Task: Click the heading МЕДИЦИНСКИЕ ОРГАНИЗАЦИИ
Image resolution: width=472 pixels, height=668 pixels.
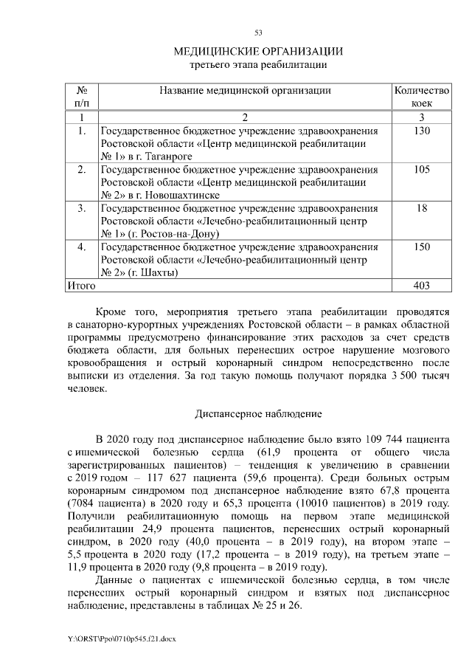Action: [258, 51]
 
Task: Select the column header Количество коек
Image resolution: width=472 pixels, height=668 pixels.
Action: [422, 97]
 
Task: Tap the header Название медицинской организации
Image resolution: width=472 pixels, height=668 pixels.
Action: [245, 90]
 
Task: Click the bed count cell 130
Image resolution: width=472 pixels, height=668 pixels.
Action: [422, 131]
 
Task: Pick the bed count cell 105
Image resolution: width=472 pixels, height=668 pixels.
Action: [422, 170]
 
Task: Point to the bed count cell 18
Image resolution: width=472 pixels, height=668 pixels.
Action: [422, 209]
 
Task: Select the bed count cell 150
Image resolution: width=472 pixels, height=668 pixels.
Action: [422, 247]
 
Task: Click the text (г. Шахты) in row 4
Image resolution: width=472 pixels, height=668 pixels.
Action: [153, 273]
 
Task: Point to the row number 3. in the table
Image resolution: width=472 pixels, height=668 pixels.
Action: [82, 209]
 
